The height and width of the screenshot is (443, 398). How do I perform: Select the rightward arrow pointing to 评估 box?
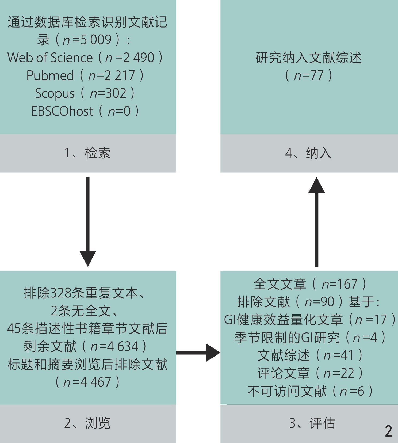(198, 353)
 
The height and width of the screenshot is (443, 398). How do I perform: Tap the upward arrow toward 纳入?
(316, 222)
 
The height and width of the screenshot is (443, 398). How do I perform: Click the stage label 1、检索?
(87, 153)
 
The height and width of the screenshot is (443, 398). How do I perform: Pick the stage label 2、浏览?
(87, 423)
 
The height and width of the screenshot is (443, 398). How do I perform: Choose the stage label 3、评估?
(312, 423)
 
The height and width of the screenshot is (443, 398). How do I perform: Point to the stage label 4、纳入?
(308, 153)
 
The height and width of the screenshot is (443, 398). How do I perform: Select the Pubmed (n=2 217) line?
(85, 75)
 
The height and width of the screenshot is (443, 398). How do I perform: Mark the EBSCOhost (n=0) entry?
(85, 111)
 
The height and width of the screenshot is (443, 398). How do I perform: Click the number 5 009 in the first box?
(96, 40)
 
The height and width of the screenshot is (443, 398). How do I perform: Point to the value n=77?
(309, 75)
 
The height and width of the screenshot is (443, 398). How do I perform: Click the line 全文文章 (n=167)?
(310, 284)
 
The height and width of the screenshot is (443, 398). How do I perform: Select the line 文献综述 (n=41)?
(310, 355)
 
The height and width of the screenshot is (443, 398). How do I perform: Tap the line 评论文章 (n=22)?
(310, 373)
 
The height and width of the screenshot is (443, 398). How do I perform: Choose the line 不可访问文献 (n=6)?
(310, 391)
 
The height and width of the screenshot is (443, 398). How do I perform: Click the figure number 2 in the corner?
(388, 431)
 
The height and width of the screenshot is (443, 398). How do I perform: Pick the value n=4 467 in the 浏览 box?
(87, 382)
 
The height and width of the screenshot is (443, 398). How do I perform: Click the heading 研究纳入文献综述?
(309, 58)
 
